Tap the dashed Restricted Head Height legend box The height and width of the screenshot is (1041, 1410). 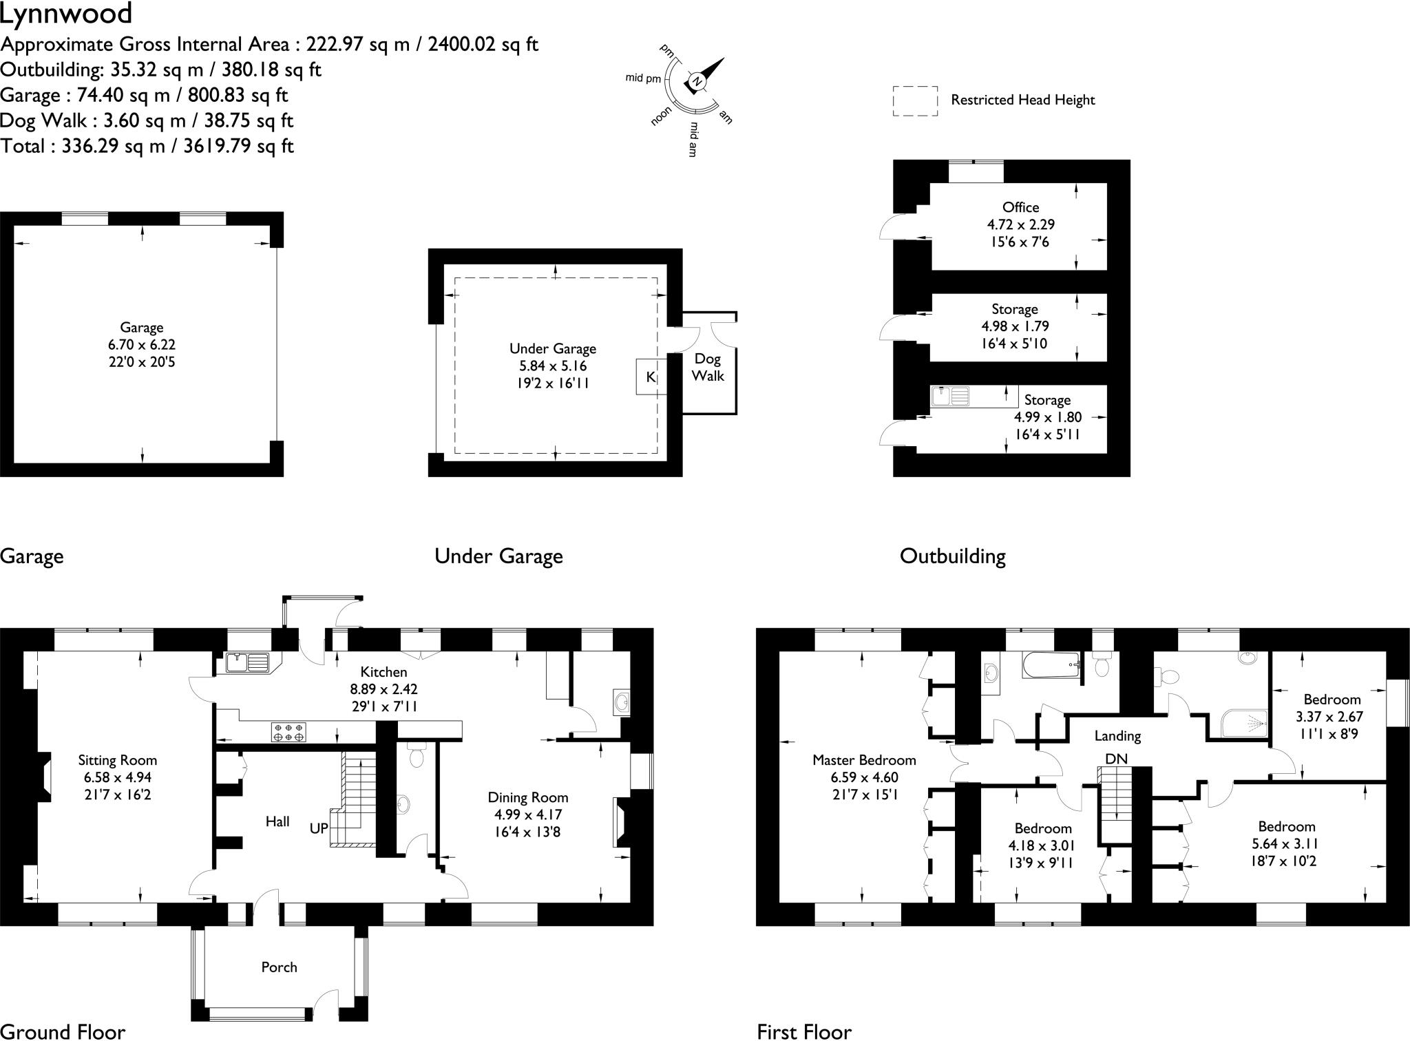[915, 101]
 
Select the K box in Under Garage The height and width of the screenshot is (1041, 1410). [651, 377]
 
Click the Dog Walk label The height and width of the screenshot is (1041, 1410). [708, 367]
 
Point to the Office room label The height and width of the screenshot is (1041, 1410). [1020, 207]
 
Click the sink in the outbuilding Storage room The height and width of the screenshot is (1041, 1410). [950, 396]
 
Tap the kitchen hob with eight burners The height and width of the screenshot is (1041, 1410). [288, 732]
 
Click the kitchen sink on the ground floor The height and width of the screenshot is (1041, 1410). [248, 662]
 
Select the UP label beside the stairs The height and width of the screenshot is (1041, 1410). [319, 828]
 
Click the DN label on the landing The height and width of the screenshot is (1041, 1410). [1116, 758]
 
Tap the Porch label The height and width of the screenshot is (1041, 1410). [279, 967]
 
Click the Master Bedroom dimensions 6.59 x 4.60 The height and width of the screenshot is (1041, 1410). [863, 777]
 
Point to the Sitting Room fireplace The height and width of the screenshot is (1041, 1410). [44, 777]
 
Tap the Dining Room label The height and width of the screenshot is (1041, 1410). [528, 797]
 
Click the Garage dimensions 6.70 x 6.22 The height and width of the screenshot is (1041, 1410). [142, 345]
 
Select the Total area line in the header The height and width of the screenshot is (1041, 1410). [147, 146]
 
